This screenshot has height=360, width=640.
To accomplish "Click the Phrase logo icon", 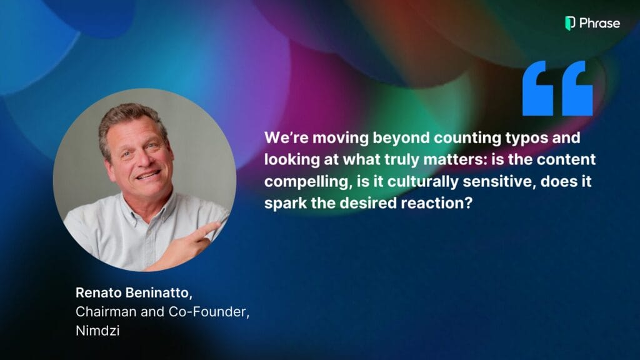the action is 570,23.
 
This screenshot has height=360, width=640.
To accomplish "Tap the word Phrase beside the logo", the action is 599,23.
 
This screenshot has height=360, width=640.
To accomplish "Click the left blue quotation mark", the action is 538,88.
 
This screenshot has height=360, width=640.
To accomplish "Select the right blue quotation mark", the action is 577,88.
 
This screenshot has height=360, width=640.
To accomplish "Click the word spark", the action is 285,203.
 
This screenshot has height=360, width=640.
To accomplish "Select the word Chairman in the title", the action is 106,312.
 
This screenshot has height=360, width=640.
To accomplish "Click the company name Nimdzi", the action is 97,330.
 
